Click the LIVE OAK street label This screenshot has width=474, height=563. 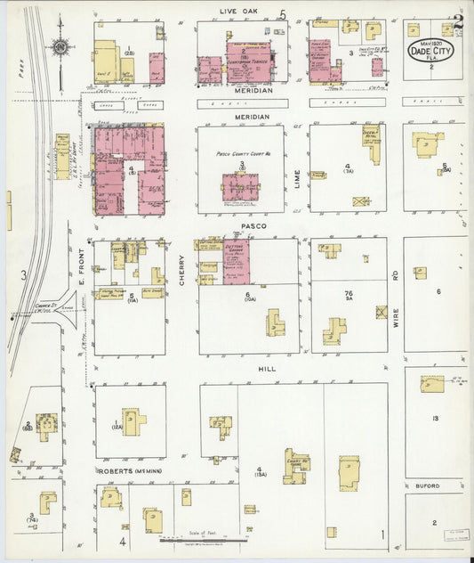(239, 11)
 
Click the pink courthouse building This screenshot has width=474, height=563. (240, 186)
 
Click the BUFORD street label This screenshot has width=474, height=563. (428, 485)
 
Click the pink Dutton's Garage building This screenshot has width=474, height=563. (236, 261)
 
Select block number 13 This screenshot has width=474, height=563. (435, 418)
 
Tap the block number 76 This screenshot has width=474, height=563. (349, 293)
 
